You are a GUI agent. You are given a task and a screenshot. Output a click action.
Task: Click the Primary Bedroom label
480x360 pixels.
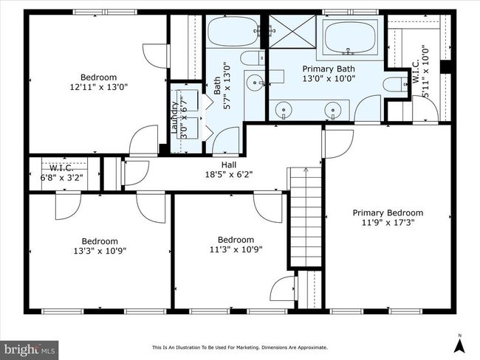pyautogui.click(x=388, y=213)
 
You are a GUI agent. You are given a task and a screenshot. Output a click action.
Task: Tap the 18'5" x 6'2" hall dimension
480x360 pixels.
pyautogui.click(x=229, y=175)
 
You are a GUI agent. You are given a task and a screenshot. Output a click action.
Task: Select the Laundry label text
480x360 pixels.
pyautogui.click(x=174, y=117)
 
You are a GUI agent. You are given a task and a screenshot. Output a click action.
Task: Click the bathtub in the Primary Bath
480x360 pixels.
pyautogui.click(x=349, y=38)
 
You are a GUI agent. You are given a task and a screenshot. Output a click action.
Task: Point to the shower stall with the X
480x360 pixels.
pyautogui.click(x=292, y=31)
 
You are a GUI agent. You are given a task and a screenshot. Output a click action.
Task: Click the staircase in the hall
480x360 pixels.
pyautogui.click(x=306, y=217)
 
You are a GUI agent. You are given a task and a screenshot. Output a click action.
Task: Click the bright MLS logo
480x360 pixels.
pyautogui.click(x=30, y=350)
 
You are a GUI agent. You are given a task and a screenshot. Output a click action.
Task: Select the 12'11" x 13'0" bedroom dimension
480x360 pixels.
pyautogui.click(x=98, y=87)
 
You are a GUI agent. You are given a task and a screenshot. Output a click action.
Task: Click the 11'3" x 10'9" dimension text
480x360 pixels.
pyautogui.click(x=236, y=249)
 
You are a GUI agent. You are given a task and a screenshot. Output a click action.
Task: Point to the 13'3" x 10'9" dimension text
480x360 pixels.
pyautogui.click(x=100, y=251)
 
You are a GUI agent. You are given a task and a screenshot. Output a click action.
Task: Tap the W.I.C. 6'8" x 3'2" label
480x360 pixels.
pyautogui.click(x=61, y=173)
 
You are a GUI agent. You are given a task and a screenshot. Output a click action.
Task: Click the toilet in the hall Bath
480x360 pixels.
pyautogui.click(x=253, y=58)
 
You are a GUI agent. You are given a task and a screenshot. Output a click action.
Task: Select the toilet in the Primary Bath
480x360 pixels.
pyautogui.click(x=395, y=84)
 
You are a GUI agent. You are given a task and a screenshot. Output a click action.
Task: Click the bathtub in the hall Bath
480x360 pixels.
pyautogui.click(x=233, y=31)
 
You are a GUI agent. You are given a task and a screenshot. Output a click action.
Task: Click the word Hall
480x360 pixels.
pyautogui.click(x=229, y=165)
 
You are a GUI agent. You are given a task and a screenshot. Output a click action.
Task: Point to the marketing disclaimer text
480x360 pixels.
pyautogui.click(x=240, y=347)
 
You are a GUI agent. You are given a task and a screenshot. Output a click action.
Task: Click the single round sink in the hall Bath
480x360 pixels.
pyautogui.click(x=255, y=83)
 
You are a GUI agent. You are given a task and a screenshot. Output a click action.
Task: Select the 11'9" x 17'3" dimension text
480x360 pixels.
pyautogui.click(x=388, y=222)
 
